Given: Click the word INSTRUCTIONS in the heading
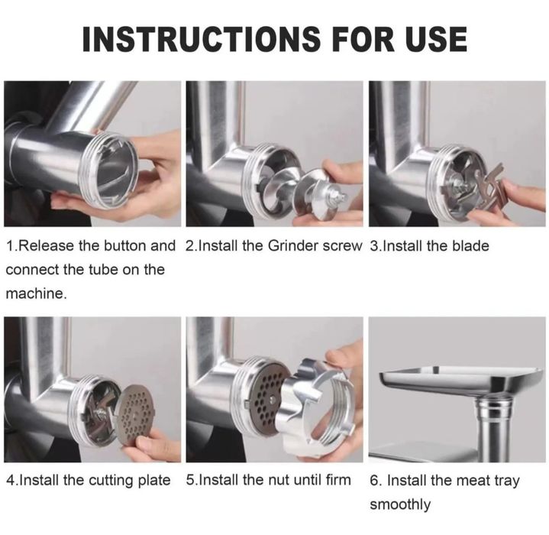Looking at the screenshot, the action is tap(201, 38).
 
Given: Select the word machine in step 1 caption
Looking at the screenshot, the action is tap(35, 293).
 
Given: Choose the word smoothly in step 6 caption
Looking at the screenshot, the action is tap(400, 505).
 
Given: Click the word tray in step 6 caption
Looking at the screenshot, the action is tap(507, 481).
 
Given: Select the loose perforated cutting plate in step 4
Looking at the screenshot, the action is tap(134, 416).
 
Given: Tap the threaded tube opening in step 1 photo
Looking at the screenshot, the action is tap(108, 171).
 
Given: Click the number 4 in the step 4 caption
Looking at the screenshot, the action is tap(10, 480).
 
